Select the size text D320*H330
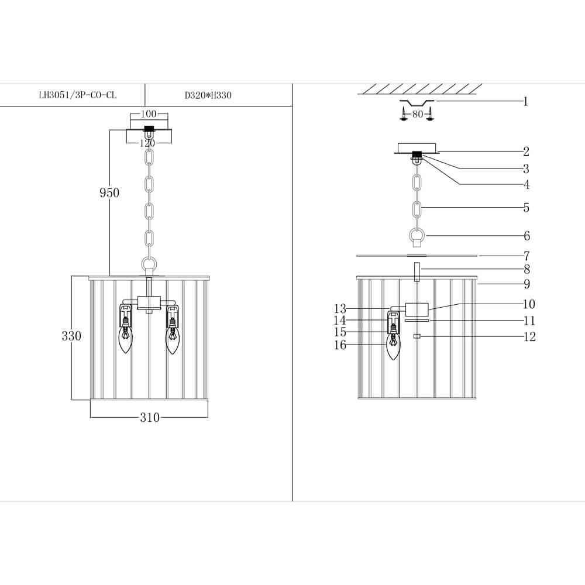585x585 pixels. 208,95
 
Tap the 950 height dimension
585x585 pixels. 109,192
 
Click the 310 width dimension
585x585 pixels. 150,418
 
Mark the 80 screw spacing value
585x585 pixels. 417,114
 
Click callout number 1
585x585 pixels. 526,102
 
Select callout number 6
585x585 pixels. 527,236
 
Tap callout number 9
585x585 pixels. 527,284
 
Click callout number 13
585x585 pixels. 340,308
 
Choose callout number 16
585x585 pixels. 340,345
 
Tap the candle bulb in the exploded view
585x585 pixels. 393,347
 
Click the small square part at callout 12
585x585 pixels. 417,336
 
